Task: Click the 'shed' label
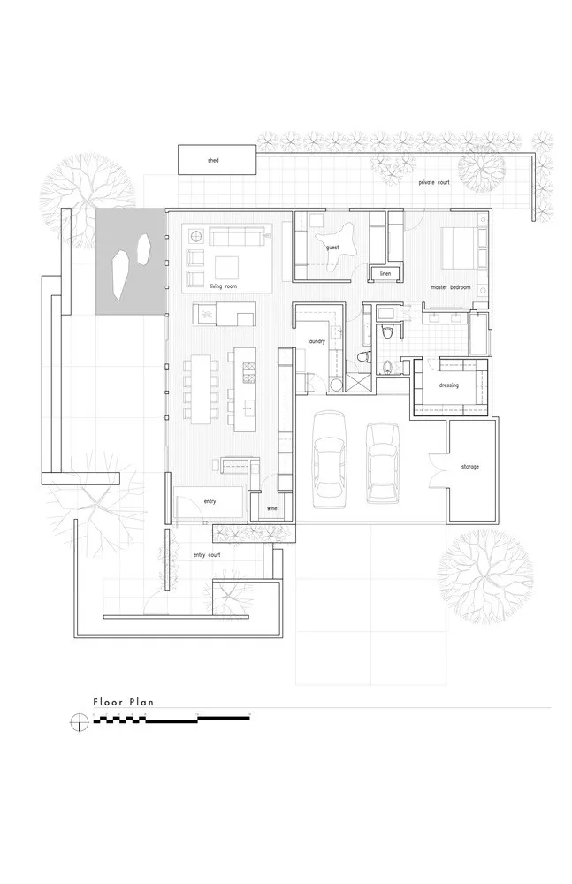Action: pos(213,161)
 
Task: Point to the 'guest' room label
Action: pos(333,248)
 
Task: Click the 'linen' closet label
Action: pos(385,274)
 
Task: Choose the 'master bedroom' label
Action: pos(451,287)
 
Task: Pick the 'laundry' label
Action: pos(318,340)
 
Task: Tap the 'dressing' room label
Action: pos(448,385)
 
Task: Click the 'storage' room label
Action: pos(469,466)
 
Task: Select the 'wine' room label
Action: pos(272,508)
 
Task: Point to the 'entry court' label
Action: pos(206,555)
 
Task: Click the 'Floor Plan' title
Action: pos(124,703)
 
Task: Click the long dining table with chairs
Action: pos(202,386)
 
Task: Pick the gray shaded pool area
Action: pos(129,261)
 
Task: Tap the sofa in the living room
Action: pos(236,237)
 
